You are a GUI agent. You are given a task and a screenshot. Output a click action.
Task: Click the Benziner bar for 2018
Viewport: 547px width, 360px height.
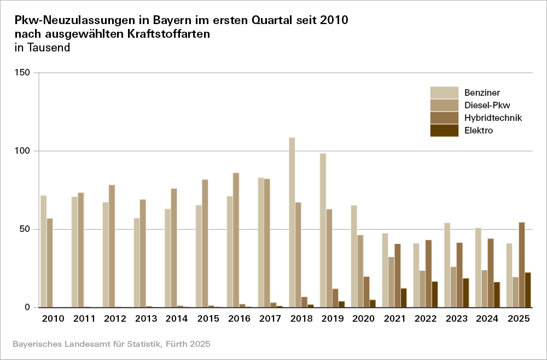coord(292,222)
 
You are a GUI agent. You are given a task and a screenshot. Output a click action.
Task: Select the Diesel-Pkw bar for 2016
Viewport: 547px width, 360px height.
coord(236,240)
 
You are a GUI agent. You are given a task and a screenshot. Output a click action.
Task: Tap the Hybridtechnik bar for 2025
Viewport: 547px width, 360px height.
coord(522,265)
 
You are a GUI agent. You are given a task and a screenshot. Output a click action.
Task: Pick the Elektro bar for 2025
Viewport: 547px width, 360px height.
coord(528,290)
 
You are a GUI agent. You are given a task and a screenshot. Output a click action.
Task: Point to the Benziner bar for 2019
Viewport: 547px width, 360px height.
coord(323,230)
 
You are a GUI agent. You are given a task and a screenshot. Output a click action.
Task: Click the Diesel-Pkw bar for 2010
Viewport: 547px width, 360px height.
coord(50,263)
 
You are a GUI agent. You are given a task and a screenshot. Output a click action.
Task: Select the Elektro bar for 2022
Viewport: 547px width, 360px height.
coord(435,294)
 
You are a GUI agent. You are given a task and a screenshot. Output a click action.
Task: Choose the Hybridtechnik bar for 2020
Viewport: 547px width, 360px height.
coord(366,292)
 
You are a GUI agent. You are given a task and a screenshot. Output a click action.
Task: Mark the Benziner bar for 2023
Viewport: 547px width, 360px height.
coord(447,265)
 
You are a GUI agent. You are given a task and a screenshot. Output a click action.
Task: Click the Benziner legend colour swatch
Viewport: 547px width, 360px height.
coord(444,92)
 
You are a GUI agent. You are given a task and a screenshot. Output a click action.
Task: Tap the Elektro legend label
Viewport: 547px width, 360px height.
coord(479,131)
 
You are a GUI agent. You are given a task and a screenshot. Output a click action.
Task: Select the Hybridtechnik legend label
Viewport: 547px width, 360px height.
coord(493,118)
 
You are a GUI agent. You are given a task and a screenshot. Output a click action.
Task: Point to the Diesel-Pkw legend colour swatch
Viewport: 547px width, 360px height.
coord(444,105)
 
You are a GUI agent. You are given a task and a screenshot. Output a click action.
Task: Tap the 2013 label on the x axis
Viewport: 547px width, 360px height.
coord(147,318)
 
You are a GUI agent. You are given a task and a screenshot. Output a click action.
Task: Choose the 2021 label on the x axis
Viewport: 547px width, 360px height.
coord(395,318)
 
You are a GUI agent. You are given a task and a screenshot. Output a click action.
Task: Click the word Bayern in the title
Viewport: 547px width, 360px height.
coord(159,20)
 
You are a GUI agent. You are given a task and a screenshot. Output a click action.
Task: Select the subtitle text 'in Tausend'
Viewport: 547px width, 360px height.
coord(43,48)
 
